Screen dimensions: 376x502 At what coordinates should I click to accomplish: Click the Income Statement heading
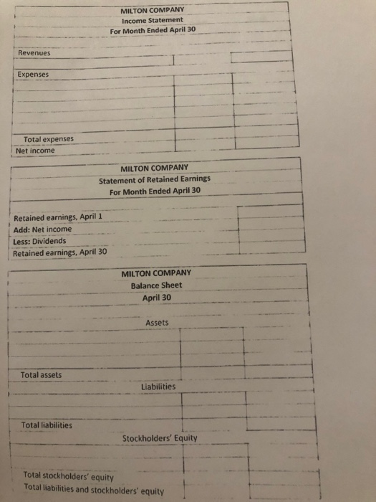(153, 20)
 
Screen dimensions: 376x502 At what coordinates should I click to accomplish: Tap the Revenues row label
(34, 52)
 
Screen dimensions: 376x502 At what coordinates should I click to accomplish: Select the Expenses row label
(34, 74)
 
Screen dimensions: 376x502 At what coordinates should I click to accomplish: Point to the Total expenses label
(49, 139)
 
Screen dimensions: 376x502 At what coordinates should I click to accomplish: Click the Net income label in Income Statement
(36, 151)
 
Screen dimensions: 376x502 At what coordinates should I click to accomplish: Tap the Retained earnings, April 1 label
(60, 217)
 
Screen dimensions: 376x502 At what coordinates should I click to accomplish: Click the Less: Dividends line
(42, 241)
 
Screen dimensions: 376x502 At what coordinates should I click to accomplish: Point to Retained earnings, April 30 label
(61, 252)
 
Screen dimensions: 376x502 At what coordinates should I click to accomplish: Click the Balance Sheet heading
(156, 285)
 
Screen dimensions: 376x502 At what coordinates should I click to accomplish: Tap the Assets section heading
(157, 323)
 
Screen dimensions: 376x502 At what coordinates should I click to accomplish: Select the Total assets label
(42, 374)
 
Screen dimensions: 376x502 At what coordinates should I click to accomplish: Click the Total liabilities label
(47, 425)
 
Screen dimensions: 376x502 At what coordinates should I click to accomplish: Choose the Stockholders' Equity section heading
(160, 437)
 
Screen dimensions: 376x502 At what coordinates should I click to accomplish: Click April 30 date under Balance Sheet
(157, 298)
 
